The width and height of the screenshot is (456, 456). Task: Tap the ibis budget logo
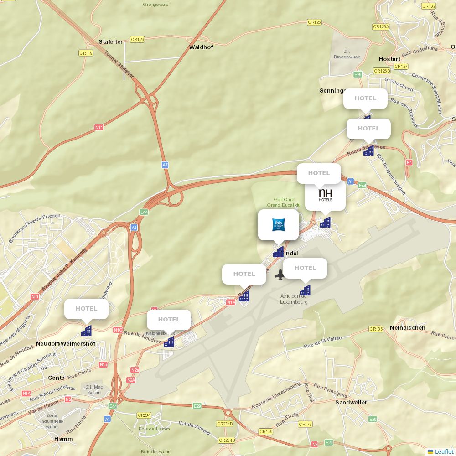[x=278, y=224]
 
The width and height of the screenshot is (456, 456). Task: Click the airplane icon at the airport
[x=280, y=275]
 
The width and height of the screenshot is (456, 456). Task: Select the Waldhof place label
[x=201, y=47]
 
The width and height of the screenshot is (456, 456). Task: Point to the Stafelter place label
[x=111, y=42]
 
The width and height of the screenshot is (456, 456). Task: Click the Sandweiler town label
[x=351, y=403]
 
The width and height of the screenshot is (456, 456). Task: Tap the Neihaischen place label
[x=408, y=328]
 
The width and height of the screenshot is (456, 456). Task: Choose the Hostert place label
[x=390, y=59]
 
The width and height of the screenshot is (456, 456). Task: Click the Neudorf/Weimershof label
[x=66, y=344]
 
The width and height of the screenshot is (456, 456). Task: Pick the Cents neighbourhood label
[x=56, y=378]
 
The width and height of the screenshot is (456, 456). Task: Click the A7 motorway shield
[x=165, y=165]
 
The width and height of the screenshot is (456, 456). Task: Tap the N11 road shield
[x=99, y=127]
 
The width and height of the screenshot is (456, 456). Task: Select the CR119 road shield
[x=86, y=53]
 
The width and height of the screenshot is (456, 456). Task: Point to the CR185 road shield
[x=376, y=329]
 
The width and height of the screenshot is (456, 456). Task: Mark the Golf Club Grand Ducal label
[x=284, y=202]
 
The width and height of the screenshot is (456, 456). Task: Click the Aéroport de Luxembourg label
[x=294, y=299]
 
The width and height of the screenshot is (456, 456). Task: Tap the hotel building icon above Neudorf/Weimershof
[x=87, y=331]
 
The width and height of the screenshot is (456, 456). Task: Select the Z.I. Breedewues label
[x=347, y=54]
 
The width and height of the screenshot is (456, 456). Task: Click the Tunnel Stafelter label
[x=119, y=64]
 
